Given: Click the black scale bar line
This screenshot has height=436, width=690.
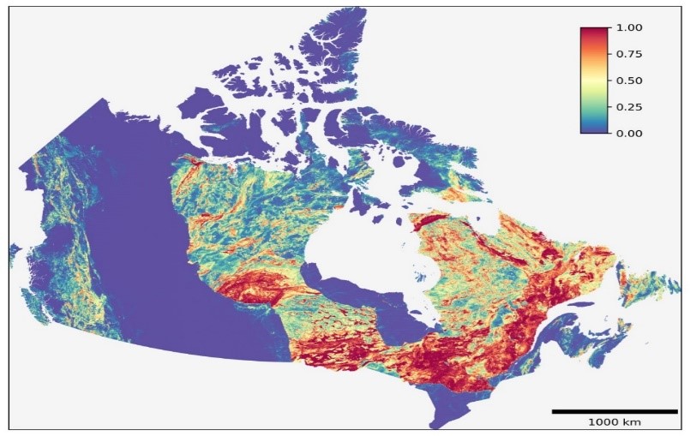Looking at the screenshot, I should click(x=614, y=411).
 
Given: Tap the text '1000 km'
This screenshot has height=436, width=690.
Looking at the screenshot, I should click(x=614, y=422).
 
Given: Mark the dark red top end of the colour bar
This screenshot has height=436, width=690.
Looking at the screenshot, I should click(x=593, y=32).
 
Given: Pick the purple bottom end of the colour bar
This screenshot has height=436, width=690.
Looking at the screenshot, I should click(x=593, y=129).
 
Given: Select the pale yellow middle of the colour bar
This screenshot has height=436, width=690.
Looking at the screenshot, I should click(x=593, y=81).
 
